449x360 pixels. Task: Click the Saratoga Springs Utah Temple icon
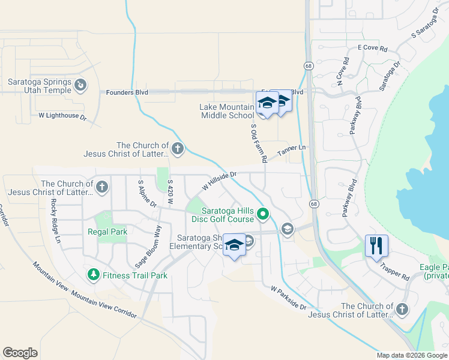(80, 86)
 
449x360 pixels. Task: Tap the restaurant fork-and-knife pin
(376, 245)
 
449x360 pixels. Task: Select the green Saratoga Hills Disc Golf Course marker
(262, 213)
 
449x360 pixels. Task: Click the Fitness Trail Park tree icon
(93, 275)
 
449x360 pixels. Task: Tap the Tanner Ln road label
(291, 151)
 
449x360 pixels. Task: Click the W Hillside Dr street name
(220, 181)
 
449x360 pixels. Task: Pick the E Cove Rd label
(372, 47)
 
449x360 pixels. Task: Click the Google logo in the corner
(20, 353)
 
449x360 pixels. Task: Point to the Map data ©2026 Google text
(411, 355)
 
